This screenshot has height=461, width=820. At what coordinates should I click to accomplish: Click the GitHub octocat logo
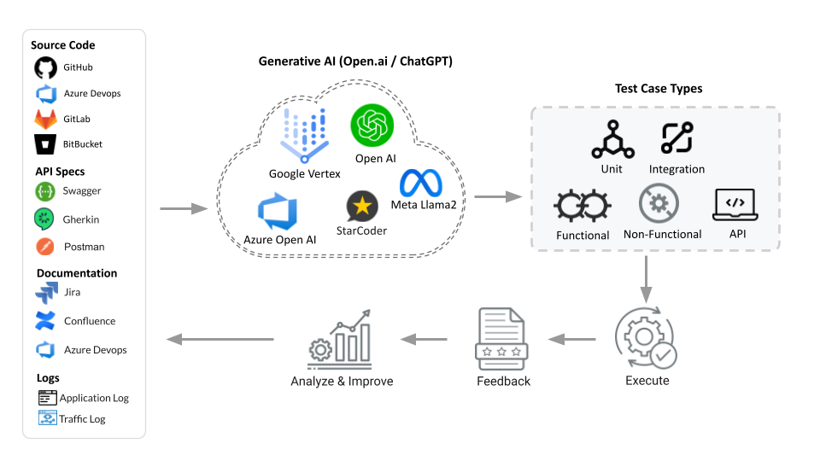click(45, 67)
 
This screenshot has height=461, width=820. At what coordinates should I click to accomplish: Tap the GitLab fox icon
click(45, 119)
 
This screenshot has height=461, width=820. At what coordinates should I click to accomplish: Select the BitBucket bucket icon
click(45, 143)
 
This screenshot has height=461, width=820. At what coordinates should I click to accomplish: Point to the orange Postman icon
click(45, 247)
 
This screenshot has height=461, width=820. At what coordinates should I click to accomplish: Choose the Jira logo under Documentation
click(45, 293)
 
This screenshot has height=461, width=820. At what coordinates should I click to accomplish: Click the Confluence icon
click(45, 321)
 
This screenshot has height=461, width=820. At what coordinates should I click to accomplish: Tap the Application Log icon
click(47, 398)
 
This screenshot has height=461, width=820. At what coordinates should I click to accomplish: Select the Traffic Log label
click(82, 419)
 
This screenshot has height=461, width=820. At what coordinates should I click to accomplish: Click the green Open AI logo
click(372, 126)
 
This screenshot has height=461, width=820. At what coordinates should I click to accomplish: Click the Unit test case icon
click(612, 140)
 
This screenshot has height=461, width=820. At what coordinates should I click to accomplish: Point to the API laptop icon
click(735, 205)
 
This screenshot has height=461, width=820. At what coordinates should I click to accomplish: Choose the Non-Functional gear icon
click(659, 205)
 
